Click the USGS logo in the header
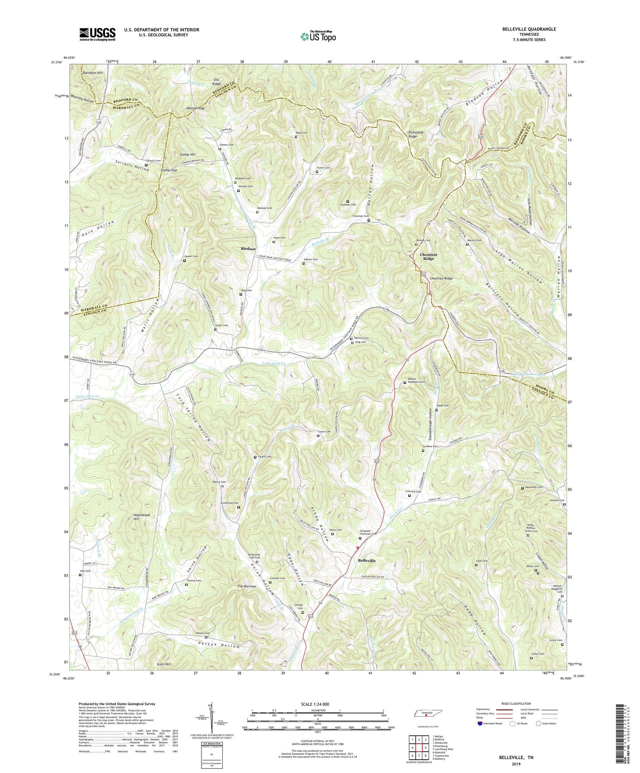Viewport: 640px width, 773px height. pyautogui.click(x=97, y=34)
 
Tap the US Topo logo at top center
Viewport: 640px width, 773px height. pyautogui.click(x=318, y=36)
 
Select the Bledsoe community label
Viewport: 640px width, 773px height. pyautogui.click(x=248, y=249)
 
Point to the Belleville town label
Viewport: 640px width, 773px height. pyautogui.click(x=366, y=560)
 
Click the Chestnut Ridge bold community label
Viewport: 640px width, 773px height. pyautogui.click(x=428, y=256)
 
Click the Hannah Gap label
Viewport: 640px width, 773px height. pyautogui.click(x=195, y=108)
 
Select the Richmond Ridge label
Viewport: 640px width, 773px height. pyautogui.click(x=415, y=135)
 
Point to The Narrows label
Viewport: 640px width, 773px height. pyautogui.click(x=247, y=587)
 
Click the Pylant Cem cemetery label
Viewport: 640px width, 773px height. pyautogui.click(x=264, y=456)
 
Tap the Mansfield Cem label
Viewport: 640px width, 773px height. pyautogui.click(x=534, y=487)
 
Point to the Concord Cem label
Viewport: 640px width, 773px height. pyautogui.click(x=413, y=491)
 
